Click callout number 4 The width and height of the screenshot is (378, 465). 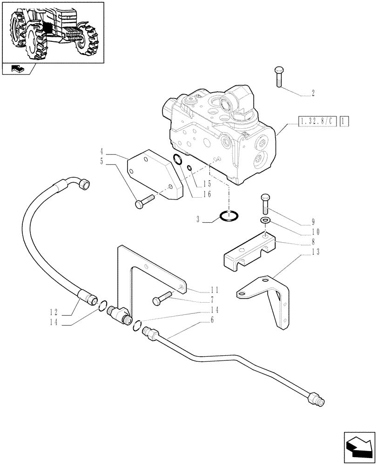pos(101,152)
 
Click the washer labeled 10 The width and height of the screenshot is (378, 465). pos(265,220)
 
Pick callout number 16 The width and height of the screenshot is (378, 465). pos(207,194)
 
